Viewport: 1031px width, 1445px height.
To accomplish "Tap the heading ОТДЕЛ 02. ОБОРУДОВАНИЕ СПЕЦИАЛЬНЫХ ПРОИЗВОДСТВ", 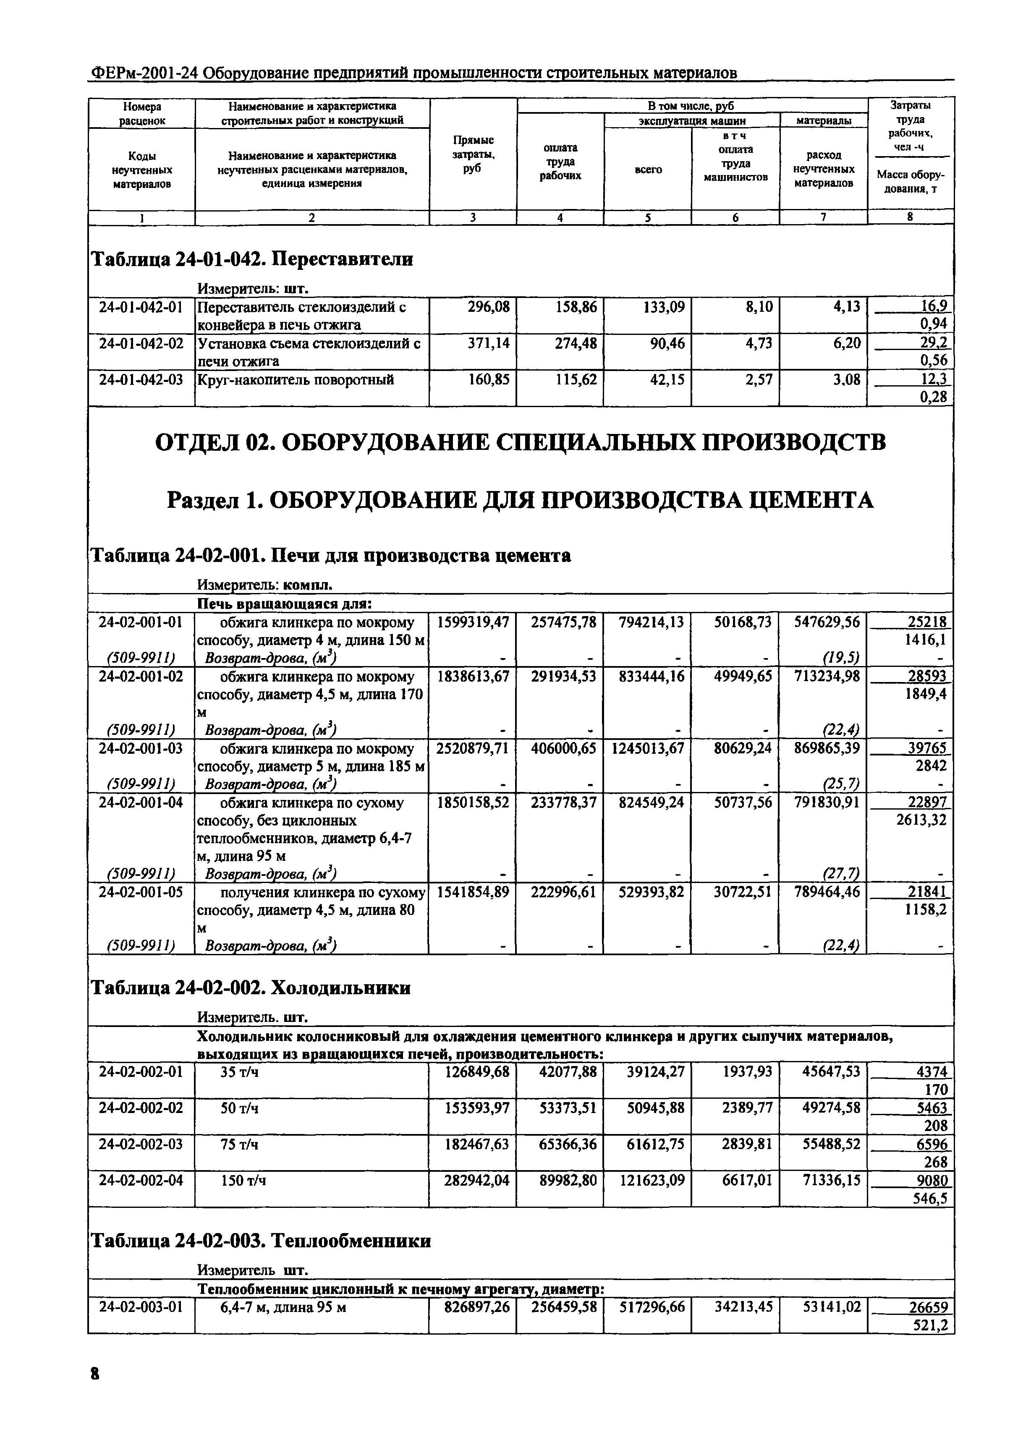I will coord(520,442).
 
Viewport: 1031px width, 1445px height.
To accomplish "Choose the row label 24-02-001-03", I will coord(141,749).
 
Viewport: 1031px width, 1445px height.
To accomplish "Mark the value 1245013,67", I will coord(648,749).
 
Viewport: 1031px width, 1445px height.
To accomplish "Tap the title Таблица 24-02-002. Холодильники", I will coord(251,988).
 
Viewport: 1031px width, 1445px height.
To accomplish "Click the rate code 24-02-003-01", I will coord(141,1307).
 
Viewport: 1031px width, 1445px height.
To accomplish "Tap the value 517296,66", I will coord(648,1307).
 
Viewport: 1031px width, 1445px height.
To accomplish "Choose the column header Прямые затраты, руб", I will coord(473,154).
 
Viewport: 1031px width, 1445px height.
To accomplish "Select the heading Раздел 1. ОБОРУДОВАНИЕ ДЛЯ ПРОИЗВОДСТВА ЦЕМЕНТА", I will coord(520,501).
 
